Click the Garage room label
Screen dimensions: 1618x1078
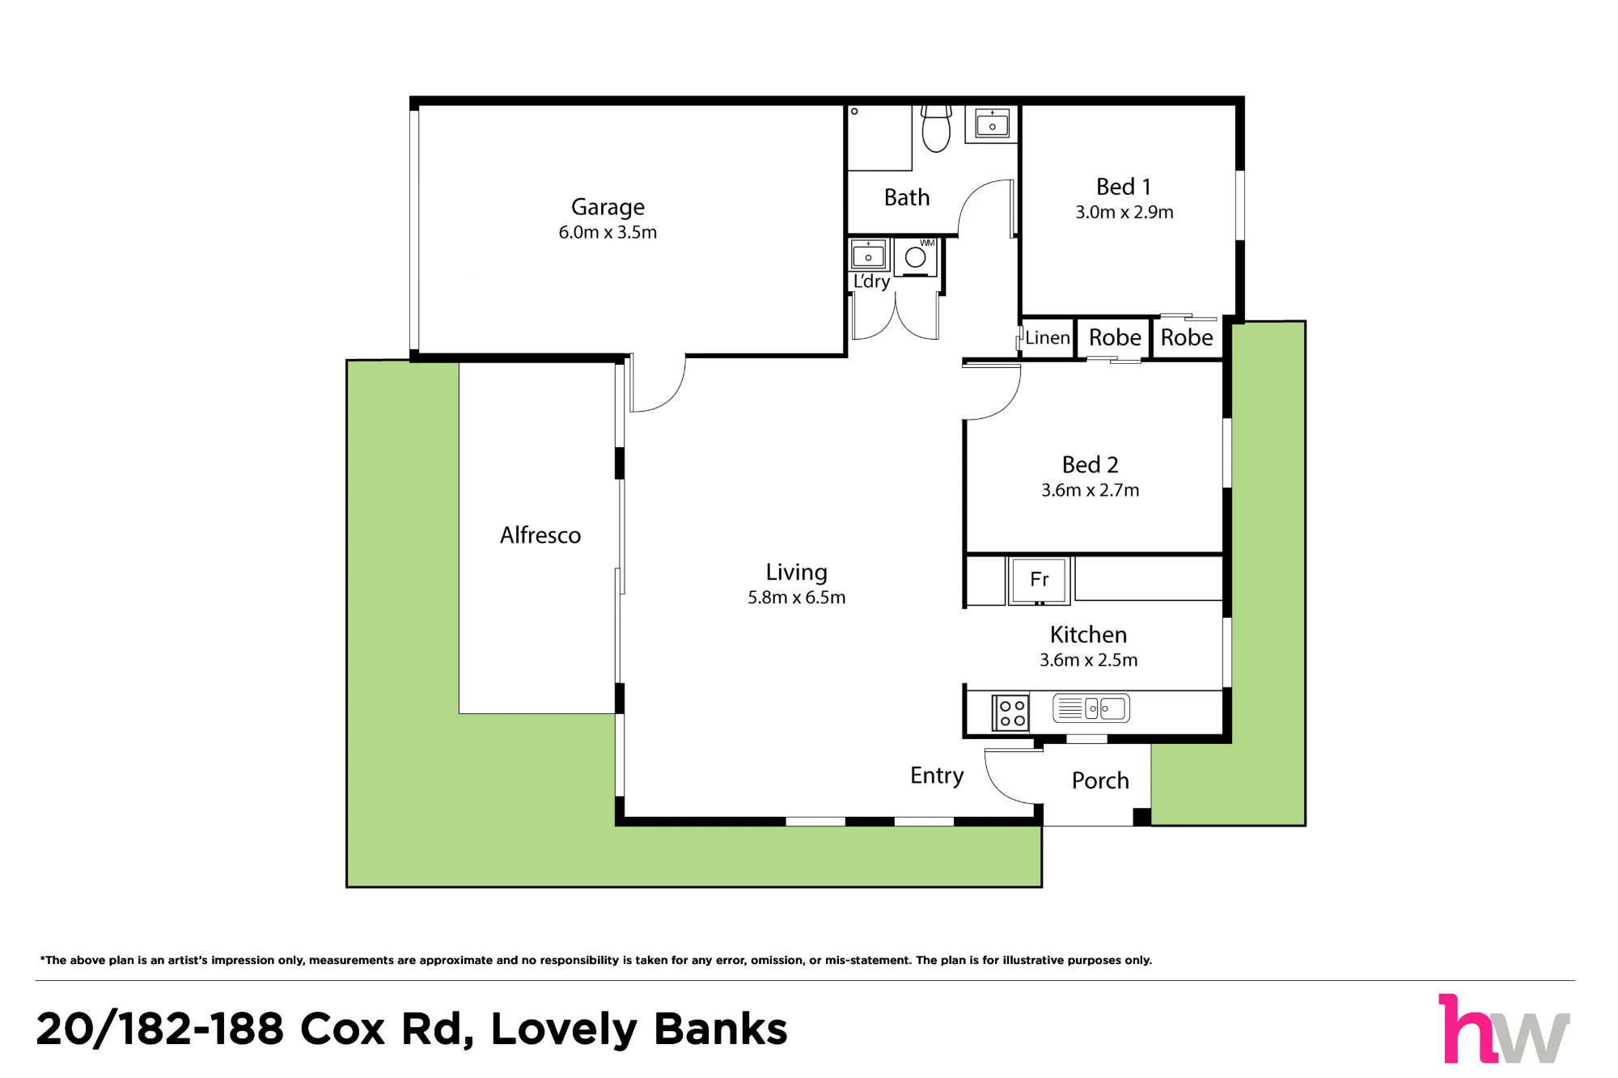(x=608, y=208)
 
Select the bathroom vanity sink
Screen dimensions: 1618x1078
(x=992, y=124)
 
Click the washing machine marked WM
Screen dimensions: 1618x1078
(x=916, y=257)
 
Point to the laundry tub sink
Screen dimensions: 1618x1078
(x=868, y=255)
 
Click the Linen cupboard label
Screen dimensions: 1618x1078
(x=1047, y=338)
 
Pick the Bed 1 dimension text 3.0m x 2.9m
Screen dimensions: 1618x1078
(x=1124, y=212)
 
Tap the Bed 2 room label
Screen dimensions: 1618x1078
(x=1090, y=465)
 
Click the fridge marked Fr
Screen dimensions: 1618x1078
(x=1039, y=580)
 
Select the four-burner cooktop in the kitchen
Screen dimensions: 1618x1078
(x=1011, y=713)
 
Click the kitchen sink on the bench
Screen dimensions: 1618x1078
(x=1091, y=708)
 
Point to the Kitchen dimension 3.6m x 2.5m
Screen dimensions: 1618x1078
(x=1088, y=660)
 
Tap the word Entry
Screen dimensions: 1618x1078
(x=937, y=776)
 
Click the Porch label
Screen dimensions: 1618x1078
(x=1100, y=780)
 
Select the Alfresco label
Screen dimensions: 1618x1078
(x=540, y=535)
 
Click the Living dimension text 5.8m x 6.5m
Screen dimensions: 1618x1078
(x=796, y=598)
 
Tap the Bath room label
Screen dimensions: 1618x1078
(x=907, y=197)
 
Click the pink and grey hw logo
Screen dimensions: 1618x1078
(x=1504, y=1029)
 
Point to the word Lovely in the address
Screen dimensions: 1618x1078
(x=564, y=1029)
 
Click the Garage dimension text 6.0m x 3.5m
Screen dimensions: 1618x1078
(x=608, y=232)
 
